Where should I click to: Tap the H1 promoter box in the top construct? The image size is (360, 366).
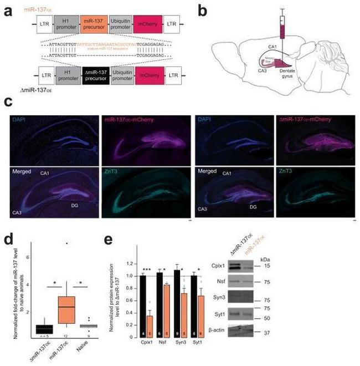pyautogui.click(x=64, y=24)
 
